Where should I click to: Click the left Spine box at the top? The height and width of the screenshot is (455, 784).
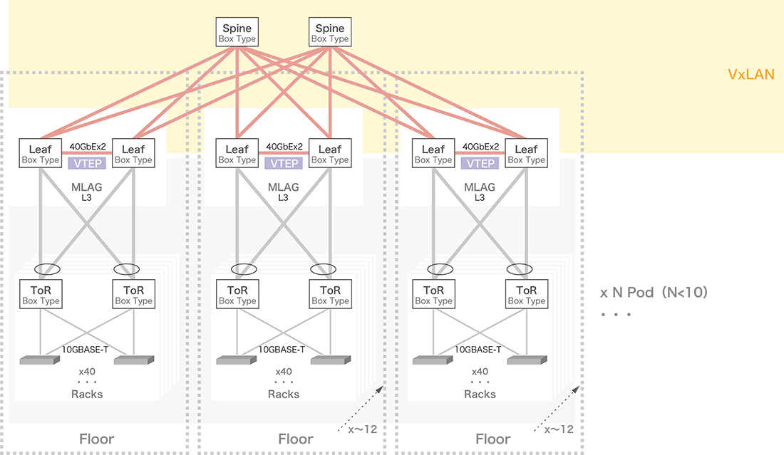coord(237,33)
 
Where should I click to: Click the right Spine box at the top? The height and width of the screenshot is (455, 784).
coord(329,33)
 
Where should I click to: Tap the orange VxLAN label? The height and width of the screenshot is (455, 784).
coord(751,75)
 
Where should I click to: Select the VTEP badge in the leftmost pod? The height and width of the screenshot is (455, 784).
coord(86,163)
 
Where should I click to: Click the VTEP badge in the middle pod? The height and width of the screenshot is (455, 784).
coord(284,163)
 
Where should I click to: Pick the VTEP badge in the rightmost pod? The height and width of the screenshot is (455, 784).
coord(480,163)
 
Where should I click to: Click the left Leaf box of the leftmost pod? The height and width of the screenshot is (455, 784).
coord(40,154)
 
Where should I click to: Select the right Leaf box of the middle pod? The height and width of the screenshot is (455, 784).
coord(329,154)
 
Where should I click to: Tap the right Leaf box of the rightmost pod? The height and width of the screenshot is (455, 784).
coord(526,154)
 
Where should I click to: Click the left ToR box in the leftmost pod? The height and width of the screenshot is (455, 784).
coord(40,295)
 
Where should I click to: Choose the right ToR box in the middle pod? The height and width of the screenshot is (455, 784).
coord(329,295)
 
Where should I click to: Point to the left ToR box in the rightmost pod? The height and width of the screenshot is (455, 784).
coord(433,295)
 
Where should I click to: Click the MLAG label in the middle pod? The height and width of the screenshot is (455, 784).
coord(284,187)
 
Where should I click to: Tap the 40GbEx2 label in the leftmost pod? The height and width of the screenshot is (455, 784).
coord(86,147)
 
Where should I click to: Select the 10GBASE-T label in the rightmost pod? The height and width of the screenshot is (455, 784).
coord(480,350)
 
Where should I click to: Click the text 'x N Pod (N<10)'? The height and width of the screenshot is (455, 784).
coord(654,293)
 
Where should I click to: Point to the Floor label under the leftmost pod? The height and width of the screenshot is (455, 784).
coord(96,439)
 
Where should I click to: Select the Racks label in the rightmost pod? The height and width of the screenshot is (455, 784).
coord(480,394)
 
